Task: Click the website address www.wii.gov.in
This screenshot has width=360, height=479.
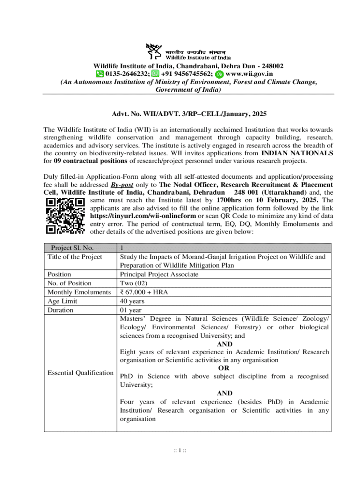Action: pyautogui.click(x=249, y=73)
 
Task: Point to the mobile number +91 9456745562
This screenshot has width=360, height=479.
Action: pyautogui.click(x=187, y=73)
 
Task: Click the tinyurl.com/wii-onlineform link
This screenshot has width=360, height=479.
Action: pyautogui.click(x=143, y=216)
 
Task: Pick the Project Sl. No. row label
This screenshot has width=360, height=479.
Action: pyautogui.click(x=69, y=248)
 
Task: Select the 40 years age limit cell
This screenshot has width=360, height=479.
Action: pyautogui.click(x=132, y=301)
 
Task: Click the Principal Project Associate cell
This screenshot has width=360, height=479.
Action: pyautogui.click(x=159, y=275)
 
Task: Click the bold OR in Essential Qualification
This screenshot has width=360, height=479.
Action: pyautogui.click(x=224, y=368)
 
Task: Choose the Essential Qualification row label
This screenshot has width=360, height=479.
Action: pyautogui.click(x=80, y=373)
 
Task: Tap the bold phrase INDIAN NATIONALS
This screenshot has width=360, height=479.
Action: pyautogui.click(x=297, y=153)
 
